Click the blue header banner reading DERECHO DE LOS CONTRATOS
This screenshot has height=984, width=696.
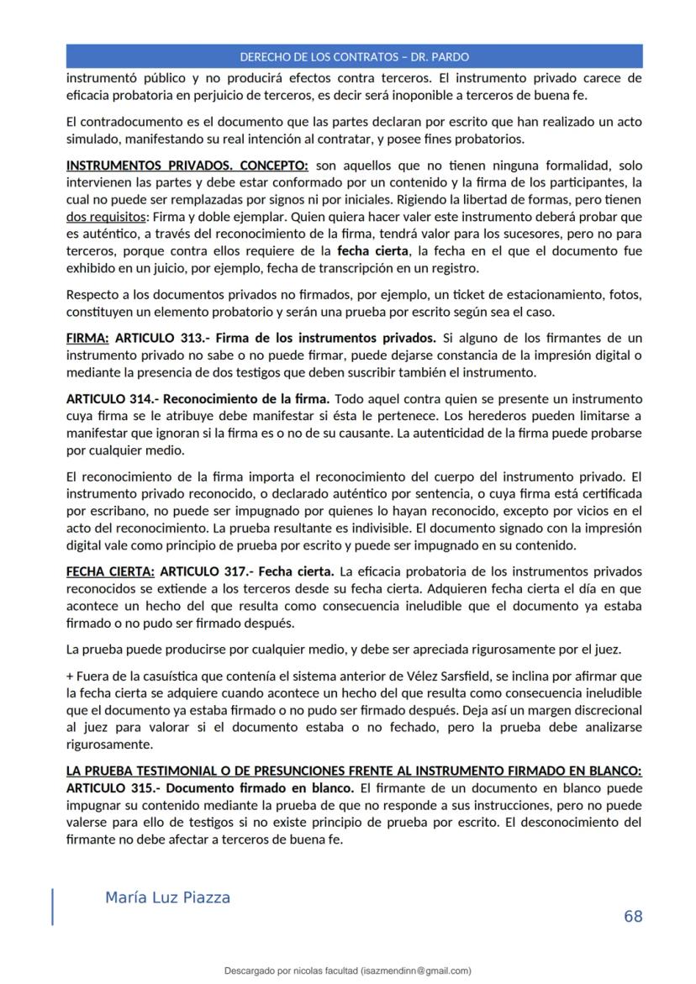[x=354, y=57]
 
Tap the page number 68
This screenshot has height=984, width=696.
[x=633, y=916]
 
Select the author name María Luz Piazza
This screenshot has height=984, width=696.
[x=167, y=897]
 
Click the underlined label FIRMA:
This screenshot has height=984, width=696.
[x=87, y=339]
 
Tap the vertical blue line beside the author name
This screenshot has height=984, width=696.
[x=53, y=907]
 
